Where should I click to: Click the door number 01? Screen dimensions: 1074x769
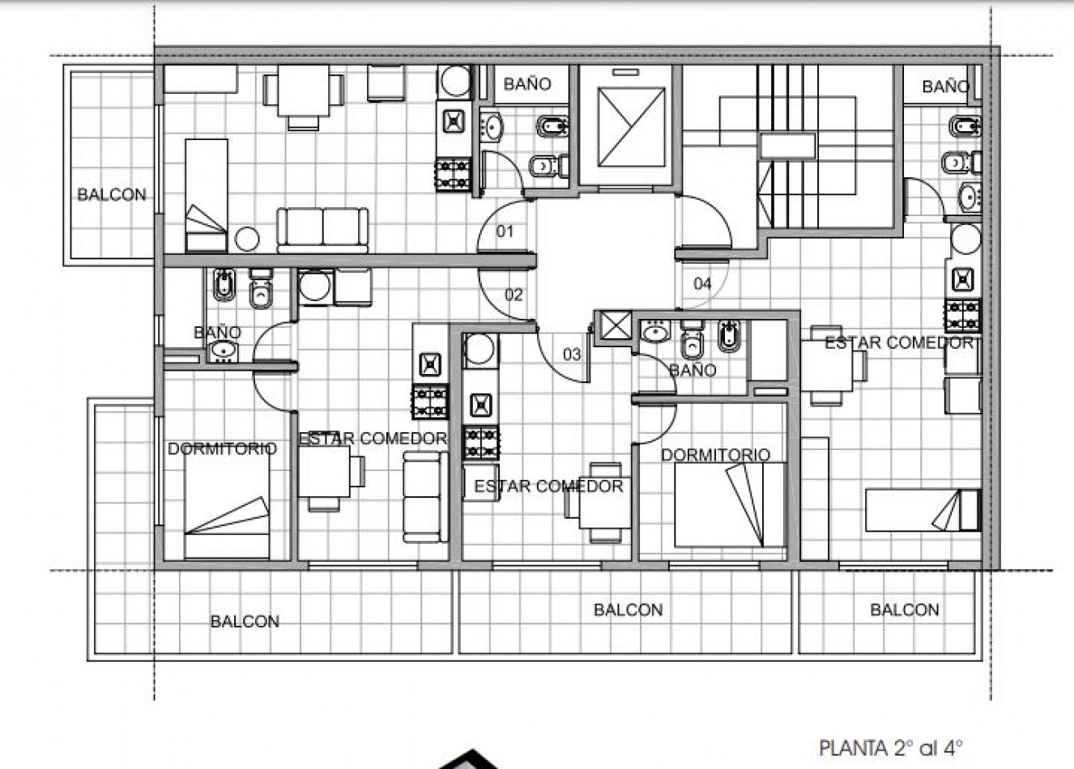point(505,232)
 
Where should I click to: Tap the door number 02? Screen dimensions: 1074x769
point(514,294)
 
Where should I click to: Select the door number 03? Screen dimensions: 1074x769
point(572,355)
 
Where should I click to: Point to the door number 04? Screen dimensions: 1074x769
point(702,283)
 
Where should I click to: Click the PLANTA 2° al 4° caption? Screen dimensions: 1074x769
point(891,748)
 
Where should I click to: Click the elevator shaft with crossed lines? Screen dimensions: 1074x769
point(631,127)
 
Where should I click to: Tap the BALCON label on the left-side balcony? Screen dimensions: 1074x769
point(112,194)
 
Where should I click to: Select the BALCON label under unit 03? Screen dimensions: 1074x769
point(628,610)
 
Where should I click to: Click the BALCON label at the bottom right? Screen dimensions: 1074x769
point(904,610)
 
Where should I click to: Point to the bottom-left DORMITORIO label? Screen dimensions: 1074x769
point(223,449)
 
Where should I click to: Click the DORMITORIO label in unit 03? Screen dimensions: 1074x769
point(716,455)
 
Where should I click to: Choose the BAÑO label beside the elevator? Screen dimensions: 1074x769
point(527,84)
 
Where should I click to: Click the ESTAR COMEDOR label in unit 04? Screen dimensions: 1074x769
point(899,342)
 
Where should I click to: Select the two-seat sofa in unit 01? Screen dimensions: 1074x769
point(322,230)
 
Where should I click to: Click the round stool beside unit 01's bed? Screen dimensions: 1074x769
point(247,239)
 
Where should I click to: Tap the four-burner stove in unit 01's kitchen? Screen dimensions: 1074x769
point(453,174)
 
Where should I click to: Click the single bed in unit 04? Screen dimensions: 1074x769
point(923,510)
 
